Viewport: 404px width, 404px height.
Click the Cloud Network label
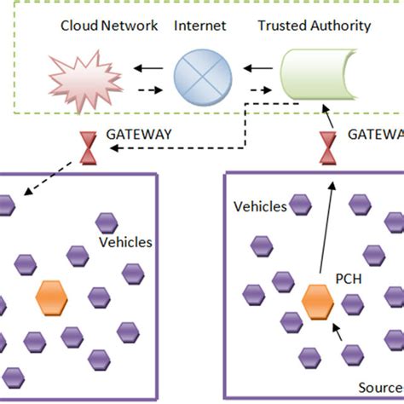109,26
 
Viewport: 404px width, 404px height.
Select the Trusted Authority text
314,26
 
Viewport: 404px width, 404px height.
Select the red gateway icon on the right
326,146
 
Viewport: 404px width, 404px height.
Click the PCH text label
347,278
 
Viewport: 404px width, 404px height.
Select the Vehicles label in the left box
125,242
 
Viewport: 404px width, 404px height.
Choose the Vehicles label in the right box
260,206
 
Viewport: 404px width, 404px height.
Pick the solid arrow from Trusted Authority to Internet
257,63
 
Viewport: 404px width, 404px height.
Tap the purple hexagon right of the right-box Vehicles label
301,203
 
